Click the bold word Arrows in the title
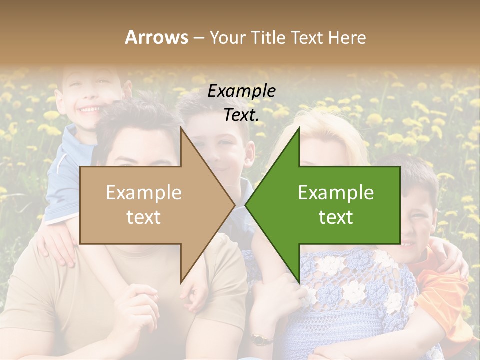pos(156,38)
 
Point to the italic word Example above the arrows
pos(241,91)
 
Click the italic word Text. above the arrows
pos(241,115)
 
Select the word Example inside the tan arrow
pos(143,193)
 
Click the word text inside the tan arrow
pos(143,217)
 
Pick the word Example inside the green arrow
pos(336,193)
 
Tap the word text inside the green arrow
pos(336,217)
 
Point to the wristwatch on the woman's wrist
pos(259,339)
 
